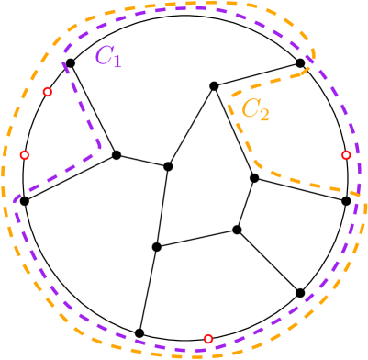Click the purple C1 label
(x=107, y=57)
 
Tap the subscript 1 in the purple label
(x=117, y=62)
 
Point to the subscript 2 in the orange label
(x=264, y=116)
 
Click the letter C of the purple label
(x=103, y=55)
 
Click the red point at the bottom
(x=208, y=338)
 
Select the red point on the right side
(x=346, y=155)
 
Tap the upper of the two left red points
(x=48, y=92)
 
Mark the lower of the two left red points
(x=25, y=155)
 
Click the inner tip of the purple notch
(x=98, y=150)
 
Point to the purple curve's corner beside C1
(x=63, y=62)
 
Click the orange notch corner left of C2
(x=229, y=96)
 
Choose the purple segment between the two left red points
(x=55, y=174)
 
